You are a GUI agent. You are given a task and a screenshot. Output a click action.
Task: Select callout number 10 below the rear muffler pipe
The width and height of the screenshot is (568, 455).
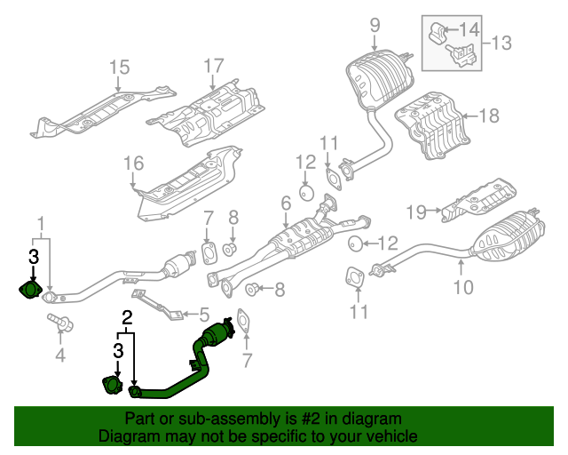[x=463, y=286]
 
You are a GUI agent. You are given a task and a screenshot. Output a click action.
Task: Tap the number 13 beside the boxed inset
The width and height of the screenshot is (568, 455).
[x=501, y=42]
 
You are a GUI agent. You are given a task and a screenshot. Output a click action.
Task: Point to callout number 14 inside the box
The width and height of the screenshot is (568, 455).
[x=469, y=29]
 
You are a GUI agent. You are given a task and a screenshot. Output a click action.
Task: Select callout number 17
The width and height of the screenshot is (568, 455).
[x=214, y=65]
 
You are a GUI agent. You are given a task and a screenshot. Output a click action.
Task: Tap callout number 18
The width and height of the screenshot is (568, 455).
[x=489, y=115]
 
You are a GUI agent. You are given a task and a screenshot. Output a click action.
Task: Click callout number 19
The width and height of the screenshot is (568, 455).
[x=418, y=211]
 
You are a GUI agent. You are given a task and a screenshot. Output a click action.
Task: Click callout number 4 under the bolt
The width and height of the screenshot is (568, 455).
[x=60, y=357]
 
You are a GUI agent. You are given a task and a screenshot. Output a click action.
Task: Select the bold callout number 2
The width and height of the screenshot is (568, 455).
[x=127, y=316]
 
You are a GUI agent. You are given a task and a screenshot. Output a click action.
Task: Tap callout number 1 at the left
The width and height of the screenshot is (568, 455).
[x=40, y=221]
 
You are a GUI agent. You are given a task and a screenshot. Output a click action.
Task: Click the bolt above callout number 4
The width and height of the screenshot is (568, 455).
[x=59, y=323]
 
